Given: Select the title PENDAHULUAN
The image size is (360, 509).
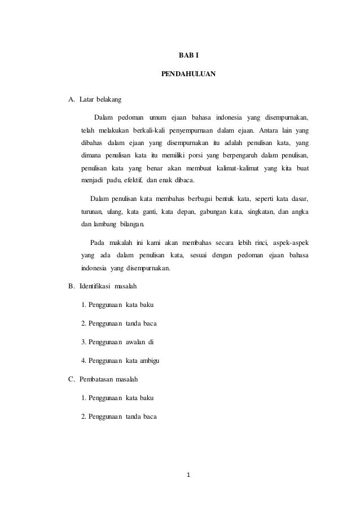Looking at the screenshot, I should [188, 74].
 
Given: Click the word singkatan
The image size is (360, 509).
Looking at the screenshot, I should [262, 212].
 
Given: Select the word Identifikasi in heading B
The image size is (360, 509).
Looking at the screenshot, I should [95, 286].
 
